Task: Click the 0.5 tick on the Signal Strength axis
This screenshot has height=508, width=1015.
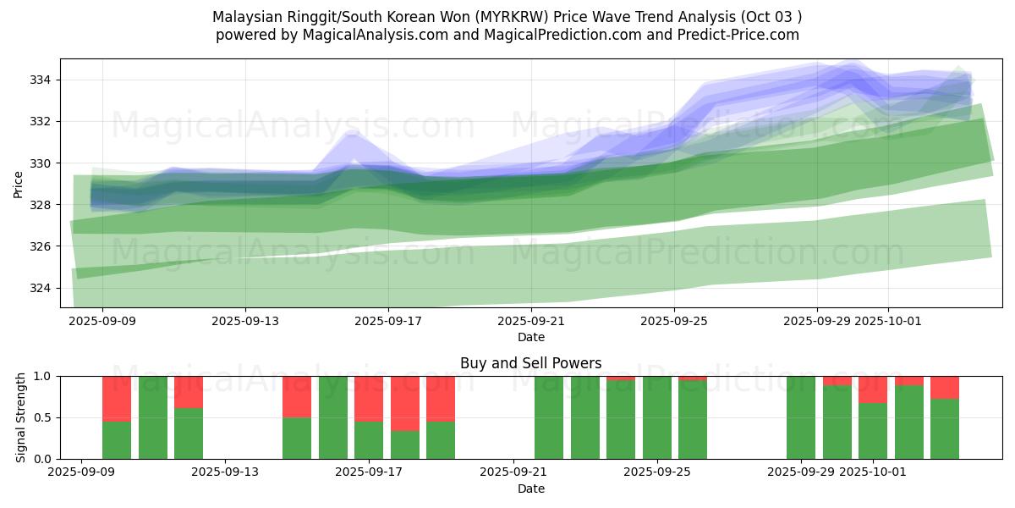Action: click(42, 417)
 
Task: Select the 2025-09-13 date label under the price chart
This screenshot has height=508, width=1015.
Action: click(245, 321)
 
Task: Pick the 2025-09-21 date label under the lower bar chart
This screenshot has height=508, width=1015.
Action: click(513, 472)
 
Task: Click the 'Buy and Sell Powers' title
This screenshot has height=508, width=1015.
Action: click(530, 363)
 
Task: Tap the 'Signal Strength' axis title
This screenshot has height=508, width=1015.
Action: click(21, 417)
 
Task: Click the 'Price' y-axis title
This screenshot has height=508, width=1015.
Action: click(19, 184)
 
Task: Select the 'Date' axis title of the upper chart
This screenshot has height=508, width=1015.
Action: click(530, 337)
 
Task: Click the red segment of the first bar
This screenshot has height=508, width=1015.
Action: click(117, 398)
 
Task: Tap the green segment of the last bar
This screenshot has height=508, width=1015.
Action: click(944, 429)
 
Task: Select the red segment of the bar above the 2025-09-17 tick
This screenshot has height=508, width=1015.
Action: click(369, 398)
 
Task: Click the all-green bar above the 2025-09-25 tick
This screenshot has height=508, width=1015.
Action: click(656, 417)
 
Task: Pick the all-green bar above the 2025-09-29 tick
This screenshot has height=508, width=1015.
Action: click(800, 417)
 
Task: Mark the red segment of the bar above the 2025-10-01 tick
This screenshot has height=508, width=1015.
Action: click(872, 389)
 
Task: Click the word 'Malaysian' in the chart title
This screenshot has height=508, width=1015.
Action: click(246, 17)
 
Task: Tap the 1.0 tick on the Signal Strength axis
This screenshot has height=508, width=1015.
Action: click(42, 376)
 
